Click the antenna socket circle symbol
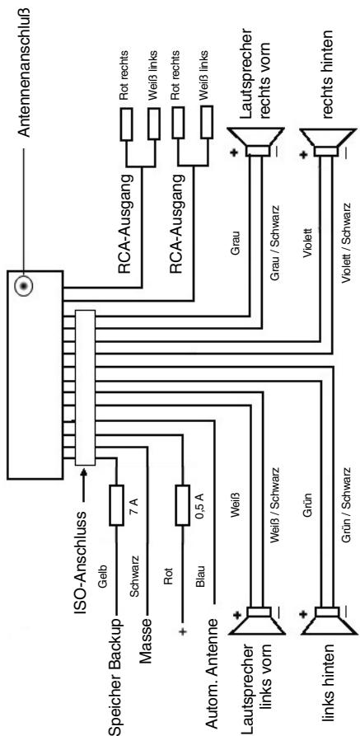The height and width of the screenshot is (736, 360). (23, 286)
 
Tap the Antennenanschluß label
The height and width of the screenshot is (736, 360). (25, 72)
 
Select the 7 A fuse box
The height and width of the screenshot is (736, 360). (116, 505)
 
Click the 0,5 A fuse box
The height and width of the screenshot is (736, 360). (182, 505)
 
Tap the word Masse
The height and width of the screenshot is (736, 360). (147, 641)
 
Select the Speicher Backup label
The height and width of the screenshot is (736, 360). (116, 677)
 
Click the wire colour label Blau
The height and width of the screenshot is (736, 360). (200, 577)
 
